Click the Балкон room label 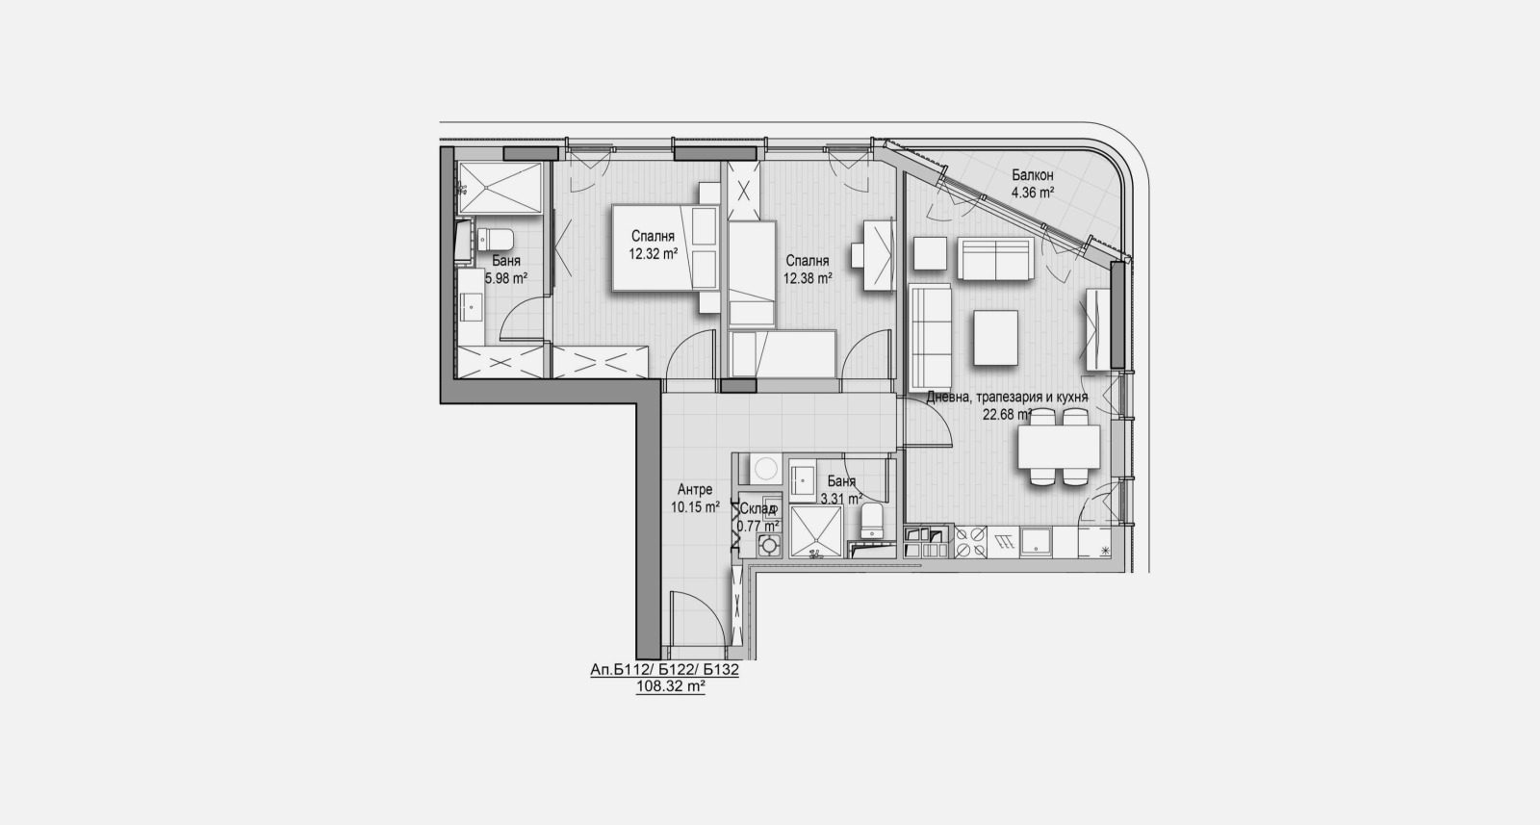1032,176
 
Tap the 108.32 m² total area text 671,687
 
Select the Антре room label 694,489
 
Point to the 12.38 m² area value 807,277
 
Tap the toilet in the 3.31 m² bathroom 871,520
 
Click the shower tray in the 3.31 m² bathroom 814,531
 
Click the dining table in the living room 1059,445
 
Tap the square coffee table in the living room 996,337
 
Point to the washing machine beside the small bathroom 765,469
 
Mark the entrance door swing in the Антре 695,620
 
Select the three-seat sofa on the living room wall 930,336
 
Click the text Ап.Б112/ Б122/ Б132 664,671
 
